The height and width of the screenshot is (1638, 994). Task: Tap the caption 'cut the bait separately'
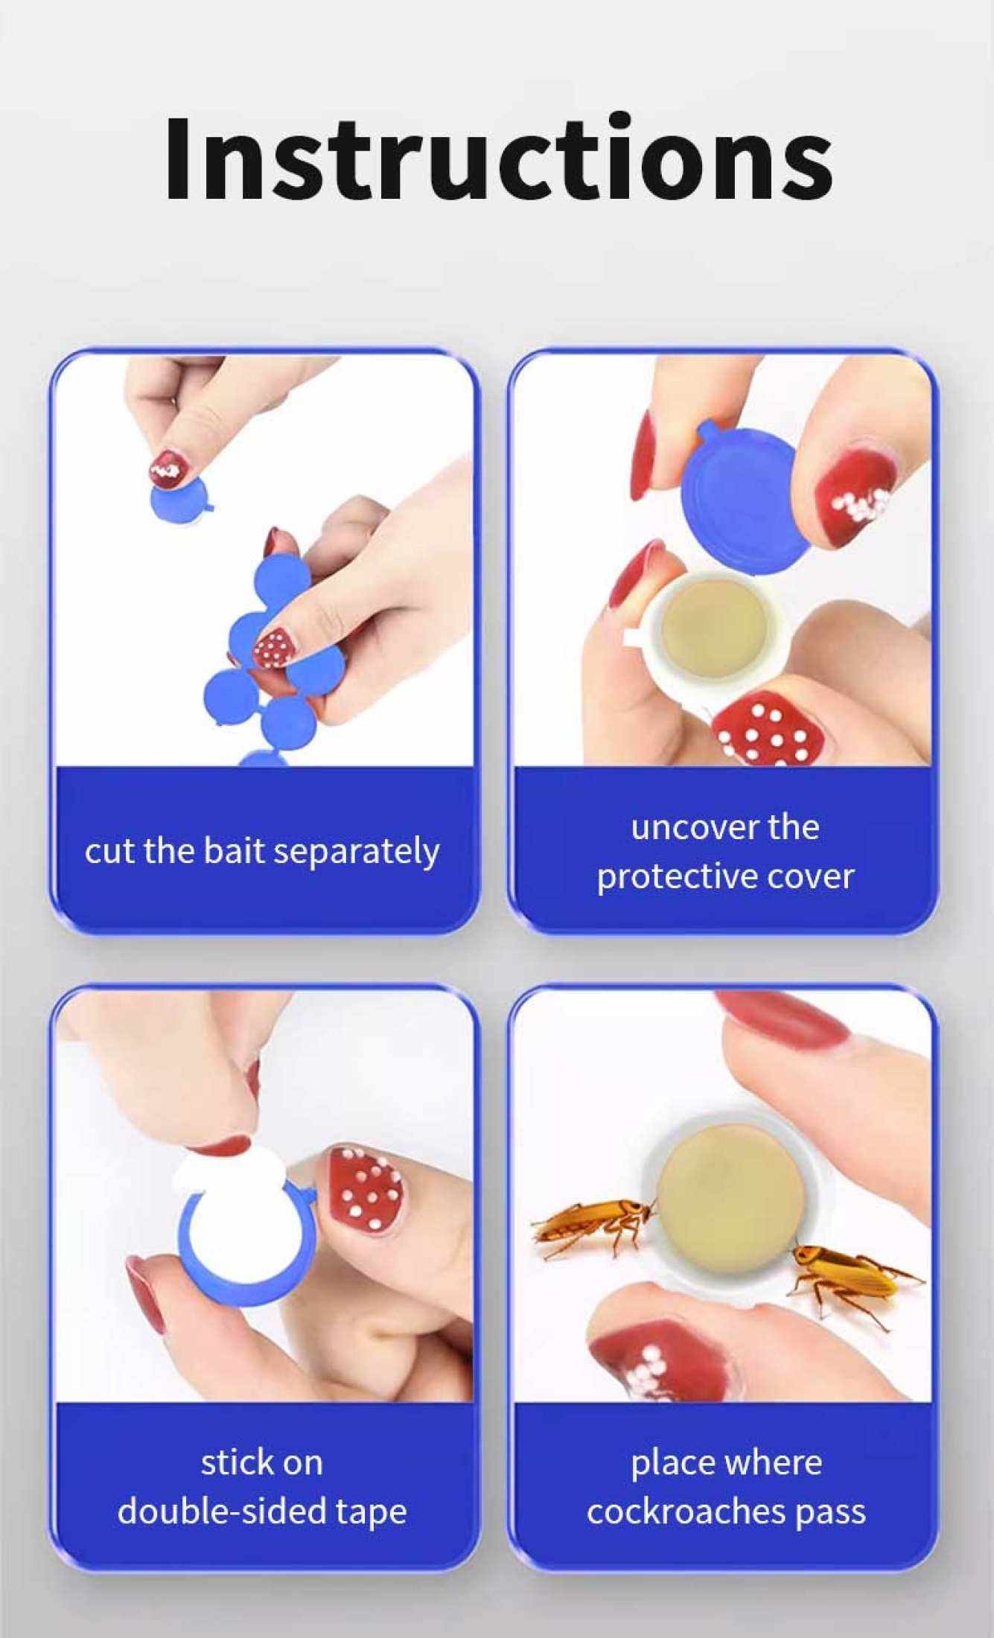tap(261, 851)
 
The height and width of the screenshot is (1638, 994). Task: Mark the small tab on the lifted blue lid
tap(705, 433)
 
